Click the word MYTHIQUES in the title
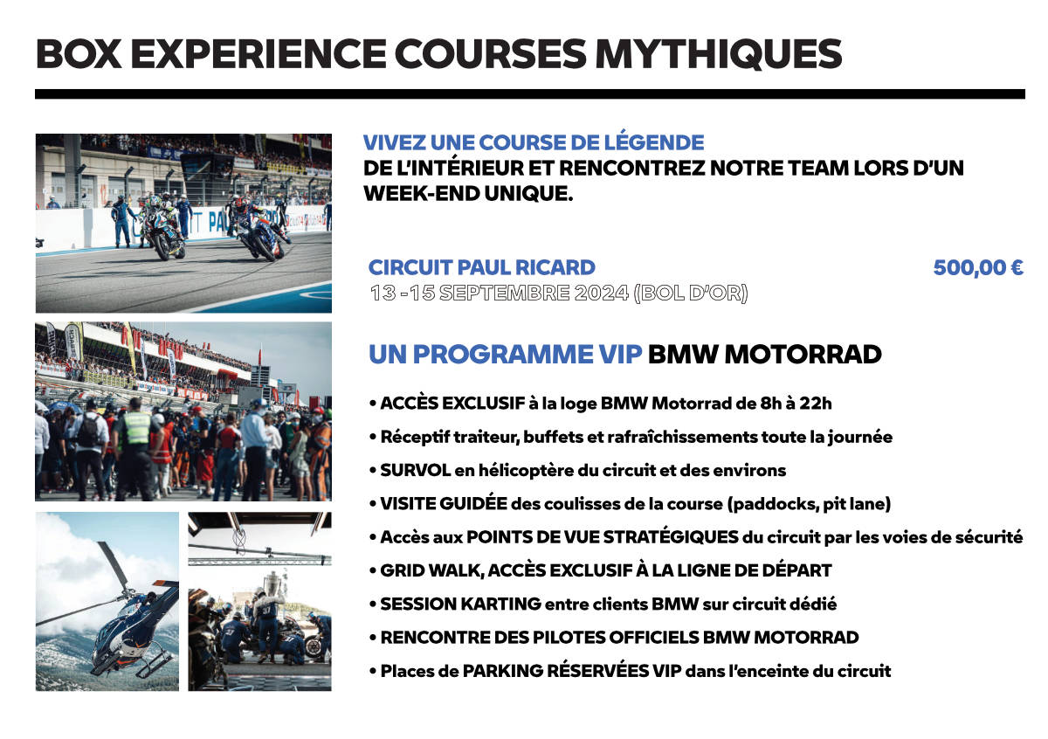click(718, 54)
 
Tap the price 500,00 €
click(978, 267)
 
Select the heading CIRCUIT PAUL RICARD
click(482, 267)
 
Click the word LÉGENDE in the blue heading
click(654, 142)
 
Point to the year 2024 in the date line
click(602, 293)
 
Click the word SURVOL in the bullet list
click(415, 470)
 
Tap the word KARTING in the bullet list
click(501, 604)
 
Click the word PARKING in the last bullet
click(503, 671)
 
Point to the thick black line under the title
click(530, 94)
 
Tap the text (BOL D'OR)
click(691, 293)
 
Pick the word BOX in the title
click(79, 54)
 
